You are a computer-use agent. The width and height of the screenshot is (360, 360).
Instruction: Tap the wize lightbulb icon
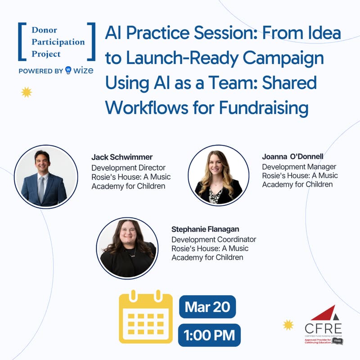pos(68,70)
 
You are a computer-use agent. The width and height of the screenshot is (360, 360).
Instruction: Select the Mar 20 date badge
pos(207,307)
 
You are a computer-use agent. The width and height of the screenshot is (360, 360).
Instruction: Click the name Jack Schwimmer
pos(122,157)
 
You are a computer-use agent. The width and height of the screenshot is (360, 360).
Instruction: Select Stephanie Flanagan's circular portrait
pos(127,248)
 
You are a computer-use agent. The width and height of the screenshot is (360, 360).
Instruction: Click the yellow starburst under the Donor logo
pos(26,92)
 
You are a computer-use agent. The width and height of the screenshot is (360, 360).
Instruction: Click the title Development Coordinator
pos(214,239)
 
